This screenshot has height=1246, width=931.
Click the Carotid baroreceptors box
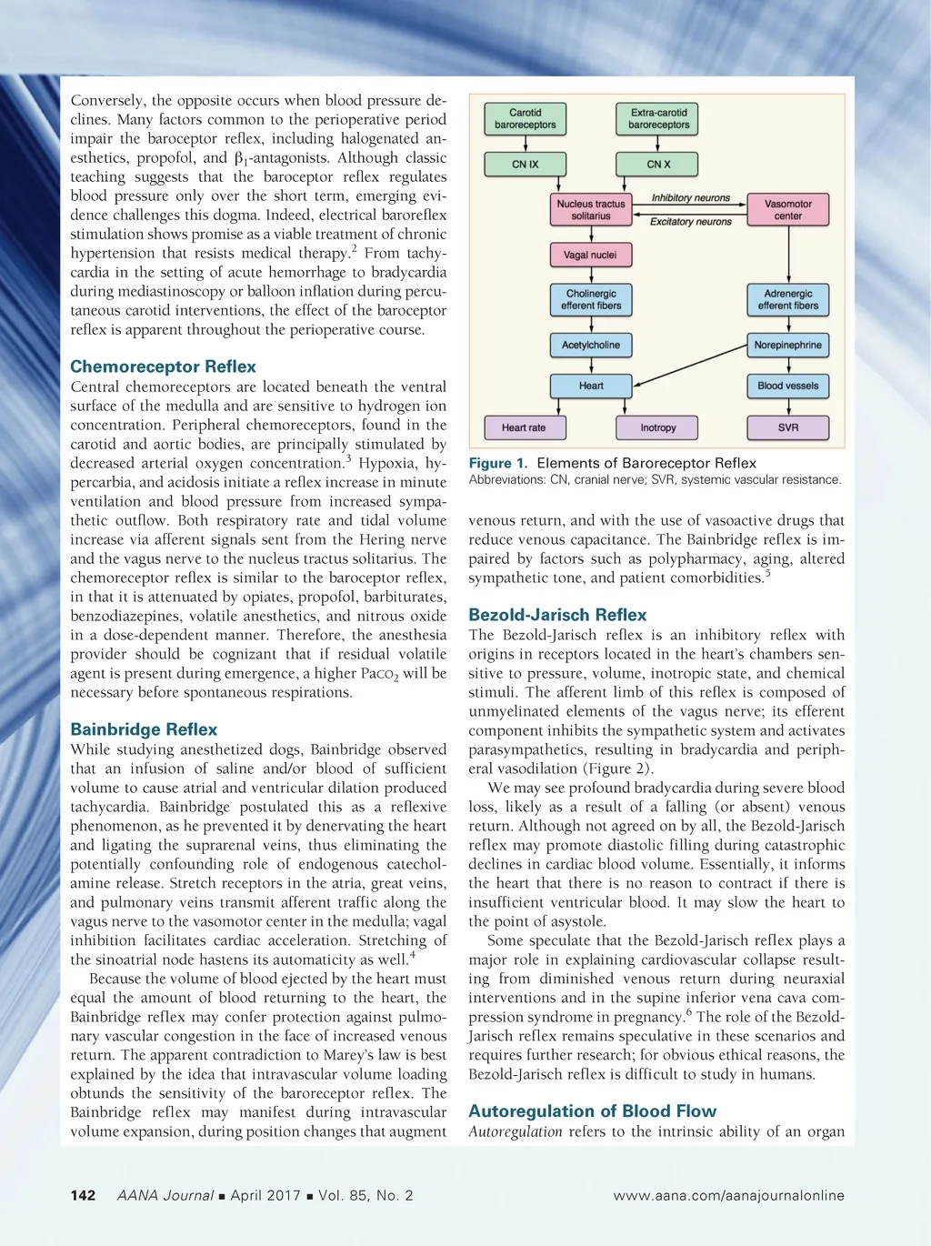(x=526, y=119)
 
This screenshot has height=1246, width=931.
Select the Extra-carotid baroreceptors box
(x=658, y=119)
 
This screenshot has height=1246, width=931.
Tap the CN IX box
(x=526, y=165)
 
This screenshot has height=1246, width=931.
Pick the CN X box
(x=658, y=165)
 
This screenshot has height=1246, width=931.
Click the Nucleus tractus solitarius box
(x=591, y=210)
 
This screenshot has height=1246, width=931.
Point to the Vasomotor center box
(x=788, y=210)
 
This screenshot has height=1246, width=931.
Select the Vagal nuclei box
(x=591, y=256)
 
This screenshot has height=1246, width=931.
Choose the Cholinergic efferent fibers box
(x=591, y=300)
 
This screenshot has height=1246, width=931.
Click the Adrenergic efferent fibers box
(x=788, y=300)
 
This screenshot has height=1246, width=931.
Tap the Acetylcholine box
(x=591, y=346)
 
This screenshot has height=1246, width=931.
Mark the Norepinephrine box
(x=788, y=346)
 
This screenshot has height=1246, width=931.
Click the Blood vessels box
(x=788, y=386)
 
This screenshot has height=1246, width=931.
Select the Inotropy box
(x=658, y=427)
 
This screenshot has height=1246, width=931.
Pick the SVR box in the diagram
(x=788, y=427)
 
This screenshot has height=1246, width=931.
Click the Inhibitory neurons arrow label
(x=691, y=197)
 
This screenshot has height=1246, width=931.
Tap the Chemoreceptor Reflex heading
(x=164, y=367)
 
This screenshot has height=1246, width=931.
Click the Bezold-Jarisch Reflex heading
(x=557, y=615)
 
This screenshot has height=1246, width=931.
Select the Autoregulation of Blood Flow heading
(x=592, y=1110)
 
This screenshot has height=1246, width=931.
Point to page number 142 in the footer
(x=83, y=1195)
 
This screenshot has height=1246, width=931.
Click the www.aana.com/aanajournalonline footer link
(x=728, y=1195)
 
